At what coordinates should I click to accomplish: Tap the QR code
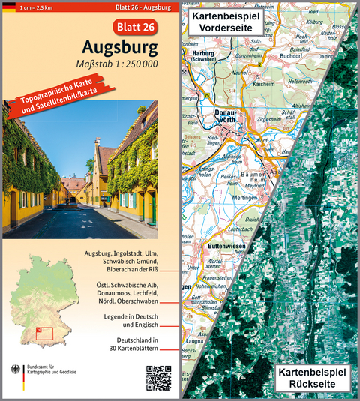pos(158,377)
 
